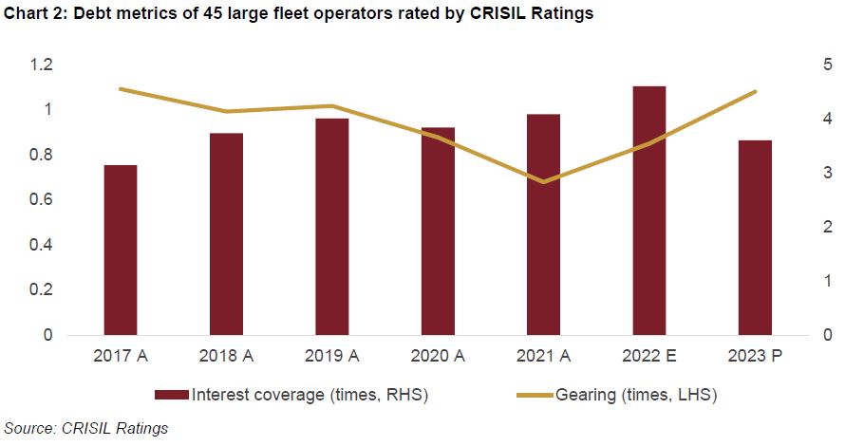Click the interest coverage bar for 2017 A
(x=121, y=251)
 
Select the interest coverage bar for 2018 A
(x=226, y=234)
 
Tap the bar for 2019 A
(x=332, y=227)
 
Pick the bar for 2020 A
(x=438, y=232)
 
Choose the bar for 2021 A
(x=543, y=225)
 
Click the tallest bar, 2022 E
(x=649, y=211)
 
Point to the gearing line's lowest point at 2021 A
(x=543, y=182)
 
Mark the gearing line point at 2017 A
(x=121, y=89)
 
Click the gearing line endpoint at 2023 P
(x=755, y=92)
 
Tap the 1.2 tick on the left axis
(x=41, y=65)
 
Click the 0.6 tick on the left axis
(x=41, y=200)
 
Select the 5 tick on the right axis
(x=828, y=65)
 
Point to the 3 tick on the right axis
(x=828, y=174)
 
